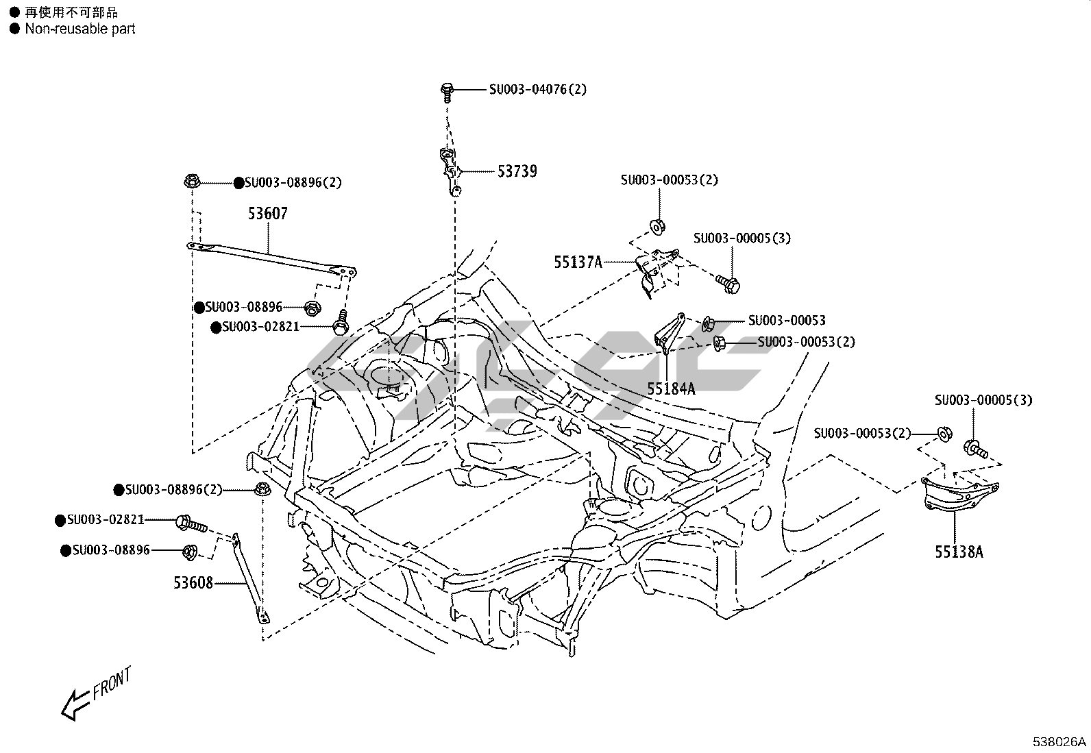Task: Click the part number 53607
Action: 268,213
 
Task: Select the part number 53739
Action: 517,171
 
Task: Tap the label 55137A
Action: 578,262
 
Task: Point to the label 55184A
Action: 671,388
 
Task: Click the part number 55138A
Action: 959,552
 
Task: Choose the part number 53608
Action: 193,583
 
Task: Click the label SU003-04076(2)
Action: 538,90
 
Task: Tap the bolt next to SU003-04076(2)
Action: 447,92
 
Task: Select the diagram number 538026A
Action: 1059,742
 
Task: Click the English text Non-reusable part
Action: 80,29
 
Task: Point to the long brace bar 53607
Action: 272,258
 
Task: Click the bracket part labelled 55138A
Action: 959,493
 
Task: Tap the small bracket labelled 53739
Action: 450,171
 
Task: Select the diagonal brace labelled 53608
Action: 249,579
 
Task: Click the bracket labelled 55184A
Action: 670,333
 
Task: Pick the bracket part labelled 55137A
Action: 655,273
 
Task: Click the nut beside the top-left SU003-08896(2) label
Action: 192,182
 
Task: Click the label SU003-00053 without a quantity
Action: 787,321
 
